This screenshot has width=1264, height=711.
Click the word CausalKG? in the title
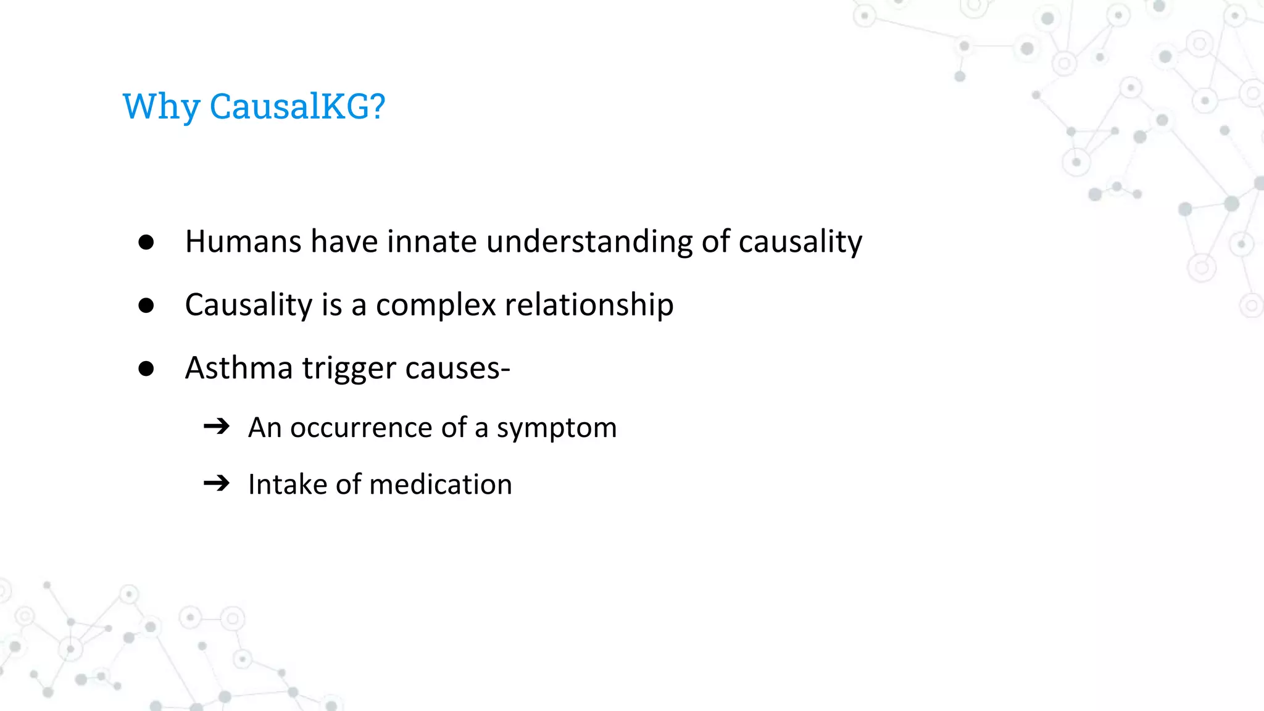297,106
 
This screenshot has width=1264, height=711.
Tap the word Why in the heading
160,106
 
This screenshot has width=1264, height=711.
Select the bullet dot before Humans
146,242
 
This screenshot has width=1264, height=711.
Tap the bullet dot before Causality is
146,305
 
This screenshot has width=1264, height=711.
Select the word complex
436,305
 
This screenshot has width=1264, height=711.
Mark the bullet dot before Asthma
146,368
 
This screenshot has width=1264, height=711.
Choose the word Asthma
239,368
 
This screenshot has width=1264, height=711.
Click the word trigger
349,368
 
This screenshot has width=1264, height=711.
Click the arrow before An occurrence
217,426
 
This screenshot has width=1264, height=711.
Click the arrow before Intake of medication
217,483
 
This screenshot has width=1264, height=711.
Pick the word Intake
287,484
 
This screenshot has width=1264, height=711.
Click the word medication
441,484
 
